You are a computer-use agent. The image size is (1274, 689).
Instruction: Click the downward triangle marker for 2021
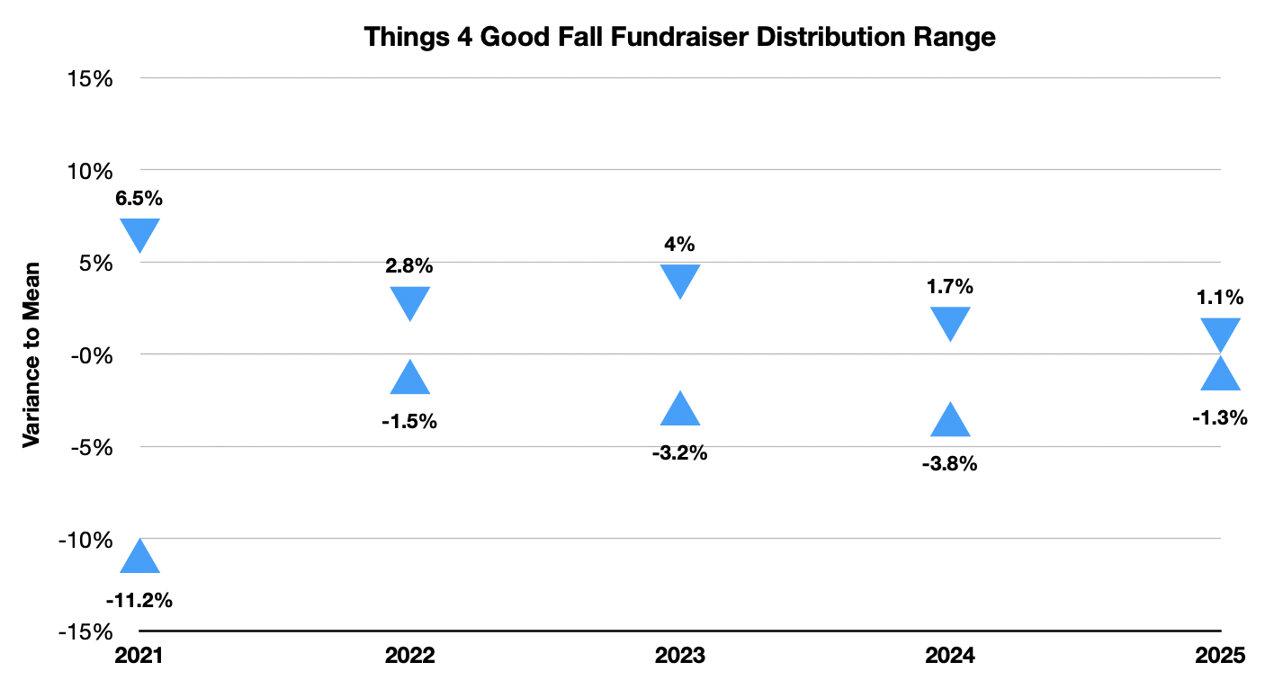[140, 232]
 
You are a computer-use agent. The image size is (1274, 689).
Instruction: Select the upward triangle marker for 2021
[140, 559]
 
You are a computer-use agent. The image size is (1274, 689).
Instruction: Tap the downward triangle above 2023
[680, 279]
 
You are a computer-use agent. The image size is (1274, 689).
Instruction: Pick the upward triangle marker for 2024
[950, 422]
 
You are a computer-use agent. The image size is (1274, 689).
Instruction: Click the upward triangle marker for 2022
[410, 380]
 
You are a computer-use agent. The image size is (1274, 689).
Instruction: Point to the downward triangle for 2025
[1221, 332]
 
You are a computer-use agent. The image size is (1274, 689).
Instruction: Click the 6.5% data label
[139, 199]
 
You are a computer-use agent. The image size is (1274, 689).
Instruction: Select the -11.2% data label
[139, 599]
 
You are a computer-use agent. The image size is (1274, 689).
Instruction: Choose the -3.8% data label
[949, 465]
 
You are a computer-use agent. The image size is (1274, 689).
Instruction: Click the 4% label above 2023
[680, 244]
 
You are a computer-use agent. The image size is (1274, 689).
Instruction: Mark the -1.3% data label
[1221, 417]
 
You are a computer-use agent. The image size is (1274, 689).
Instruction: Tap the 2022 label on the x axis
[410, 656]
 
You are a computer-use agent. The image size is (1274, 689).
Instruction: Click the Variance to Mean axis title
[31, 354]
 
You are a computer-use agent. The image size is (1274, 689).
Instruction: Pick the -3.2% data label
[679, 453]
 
